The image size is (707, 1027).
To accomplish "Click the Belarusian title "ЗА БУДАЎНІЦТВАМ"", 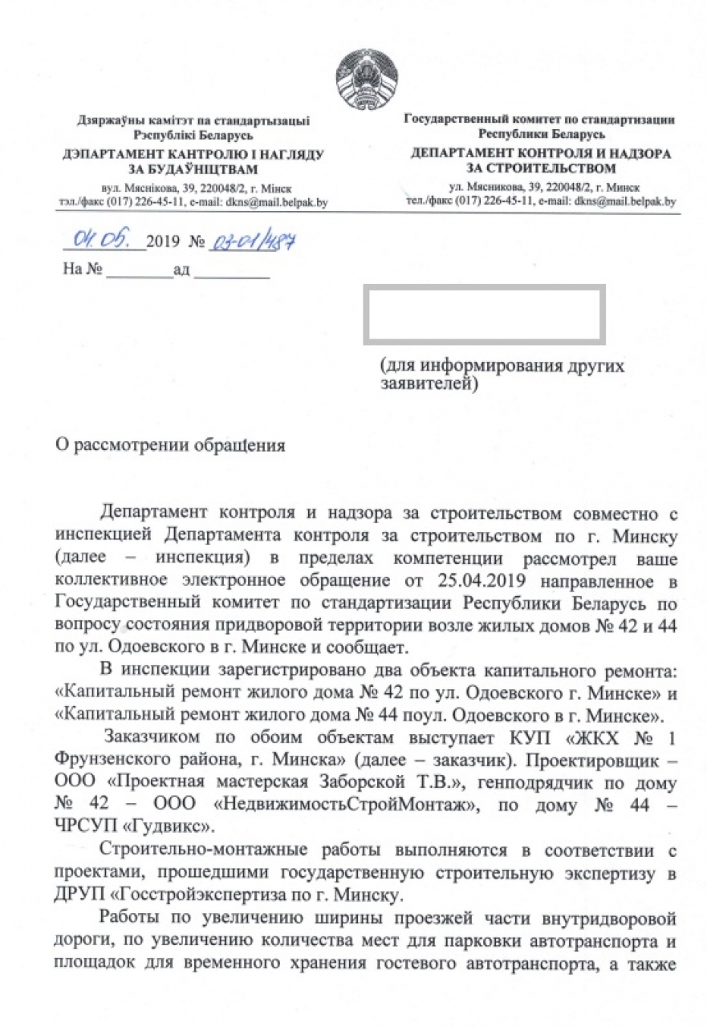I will tap(193, 169).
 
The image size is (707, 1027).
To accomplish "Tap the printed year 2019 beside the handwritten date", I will tap(164, 242).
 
